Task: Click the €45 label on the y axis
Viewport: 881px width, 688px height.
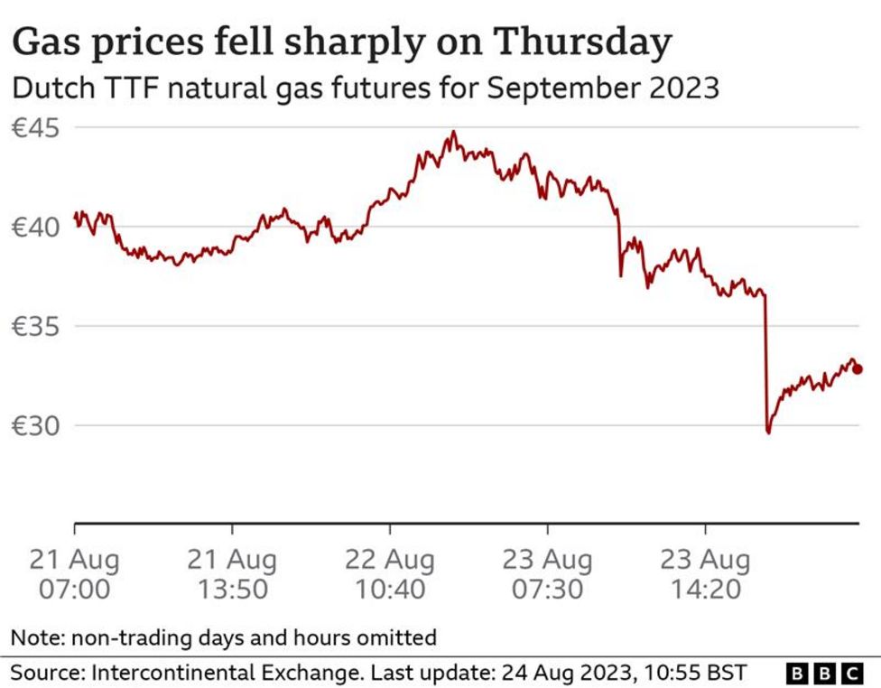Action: click(36, 127)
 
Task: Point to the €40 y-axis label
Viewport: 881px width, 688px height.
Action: click(36, 227)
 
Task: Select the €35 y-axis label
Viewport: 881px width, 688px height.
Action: click(36, 326)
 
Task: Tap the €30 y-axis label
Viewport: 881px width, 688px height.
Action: click(36, 425)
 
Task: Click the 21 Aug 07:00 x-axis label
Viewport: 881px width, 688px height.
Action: click(74, 574)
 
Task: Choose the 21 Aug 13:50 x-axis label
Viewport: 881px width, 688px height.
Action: click(232, 574)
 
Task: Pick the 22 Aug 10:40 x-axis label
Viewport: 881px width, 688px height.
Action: click(390, 574)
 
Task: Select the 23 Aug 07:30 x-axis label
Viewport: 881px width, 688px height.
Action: click(548, 574)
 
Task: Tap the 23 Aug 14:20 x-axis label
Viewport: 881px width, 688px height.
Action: click(706, 574)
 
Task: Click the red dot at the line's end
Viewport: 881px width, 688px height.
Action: click(858, 368)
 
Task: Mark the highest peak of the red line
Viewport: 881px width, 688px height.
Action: click(453, 133)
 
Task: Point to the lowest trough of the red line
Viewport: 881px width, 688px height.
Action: click(768, 432)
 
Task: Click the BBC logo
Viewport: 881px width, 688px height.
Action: click(825, 673)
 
